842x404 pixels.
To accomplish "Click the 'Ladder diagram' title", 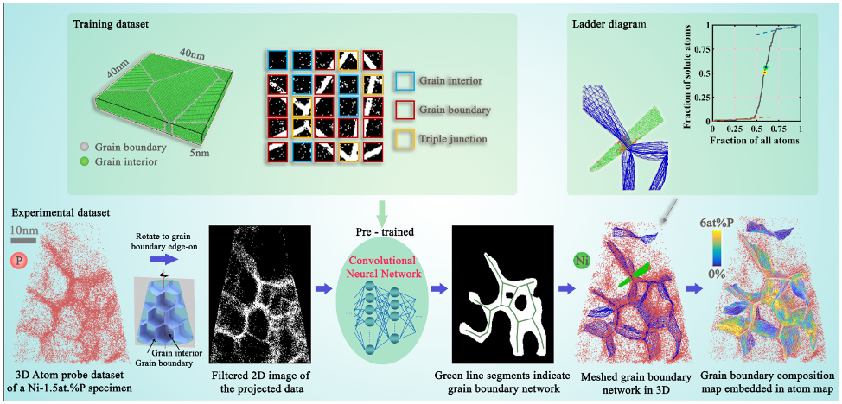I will tap(609, 23).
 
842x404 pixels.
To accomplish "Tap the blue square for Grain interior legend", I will tap(403, 82).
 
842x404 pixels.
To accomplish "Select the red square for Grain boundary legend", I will tap(403, 110).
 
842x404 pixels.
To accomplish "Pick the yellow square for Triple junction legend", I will tap(403, 137).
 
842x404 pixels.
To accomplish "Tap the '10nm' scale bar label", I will tap(22, 230).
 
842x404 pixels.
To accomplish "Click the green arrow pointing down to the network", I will tap(381, 210).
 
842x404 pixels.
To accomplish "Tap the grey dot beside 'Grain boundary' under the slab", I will tap(83, 148).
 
